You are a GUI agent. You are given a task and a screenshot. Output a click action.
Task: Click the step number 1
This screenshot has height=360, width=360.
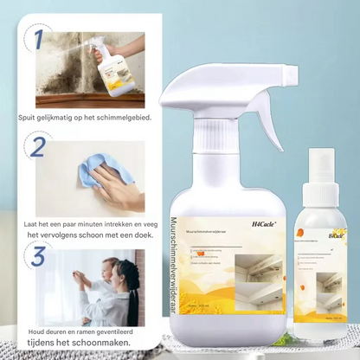coord(35,39)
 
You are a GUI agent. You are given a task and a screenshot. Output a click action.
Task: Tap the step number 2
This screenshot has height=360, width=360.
coord(37,146)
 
